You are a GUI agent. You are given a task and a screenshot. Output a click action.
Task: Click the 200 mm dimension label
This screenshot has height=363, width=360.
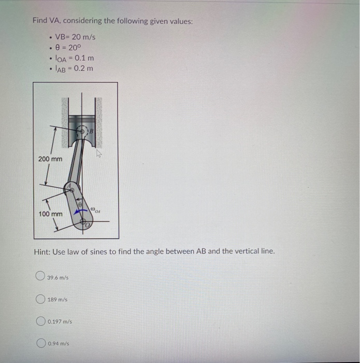coord(50,158)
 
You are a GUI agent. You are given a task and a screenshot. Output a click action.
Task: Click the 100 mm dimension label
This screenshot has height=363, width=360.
coord(50,214)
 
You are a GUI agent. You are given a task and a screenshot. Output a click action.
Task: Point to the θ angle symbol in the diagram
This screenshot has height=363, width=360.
coord(80,206)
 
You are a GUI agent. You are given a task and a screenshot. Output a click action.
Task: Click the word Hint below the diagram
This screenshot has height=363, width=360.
coord(41,252)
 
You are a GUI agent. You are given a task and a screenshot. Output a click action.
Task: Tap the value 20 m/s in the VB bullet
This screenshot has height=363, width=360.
coord(83,37)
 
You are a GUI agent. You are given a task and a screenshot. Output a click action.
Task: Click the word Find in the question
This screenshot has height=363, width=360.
coord(40,21)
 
